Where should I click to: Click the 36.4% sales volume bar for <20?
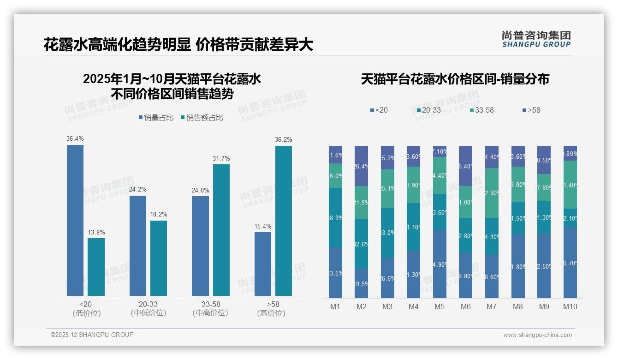tap(75, 220)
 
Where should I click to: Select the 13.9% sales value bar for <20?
tap(96, 267)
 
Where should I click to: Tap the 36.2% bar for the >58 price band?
tap(283, 221)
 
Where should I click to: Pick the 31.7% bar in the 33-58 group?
tap(221, 230)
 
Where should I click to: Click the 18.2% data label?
tap(159, 215)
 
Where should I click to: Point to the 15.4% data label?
tap(263, 226)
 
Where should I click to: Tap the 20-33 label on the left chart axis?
tap(148, 305)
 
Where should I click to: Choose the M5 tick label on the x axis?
tap(440, 306)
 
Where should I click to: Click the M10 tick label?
tap(570, 306)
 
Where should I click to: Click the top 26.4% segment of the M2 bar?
tap(361, 166)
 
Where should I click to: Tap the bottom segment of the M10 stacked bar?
tap(570, 262)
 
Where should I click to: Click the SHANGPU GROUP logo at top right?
tap(536, 39)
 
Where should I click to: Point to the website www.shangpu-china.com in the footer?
tap(537, 335)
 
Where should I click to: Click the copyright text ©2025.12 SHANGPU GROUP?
tap(92, 335)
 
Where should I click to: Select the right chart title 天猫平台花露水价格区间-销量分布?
tap(455, 79)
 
